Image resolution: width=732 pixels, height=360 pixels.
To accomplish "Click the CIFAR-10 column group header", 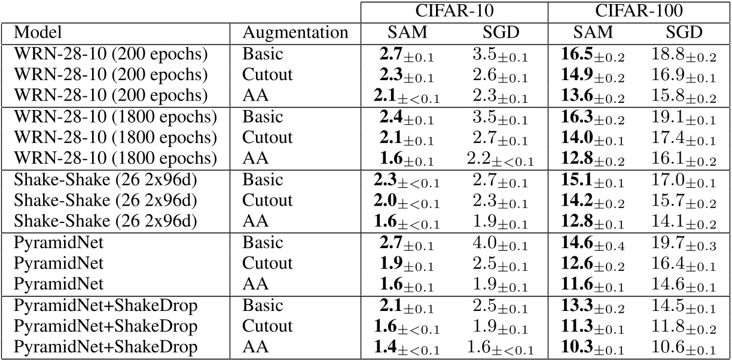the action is [454, 11].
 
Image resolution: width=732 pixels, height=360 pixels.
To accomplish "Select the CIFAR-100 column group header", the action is [638, 11].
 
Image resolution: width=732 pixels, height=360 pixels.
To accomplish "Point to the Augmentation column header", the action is [295, 32].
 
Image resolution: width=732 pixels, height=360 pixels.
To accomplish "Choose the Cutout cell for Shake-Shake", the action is [267, 200].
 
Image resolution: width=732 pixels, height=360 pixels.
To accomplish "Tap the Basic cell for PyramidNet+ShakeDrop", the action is [264, 306].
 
